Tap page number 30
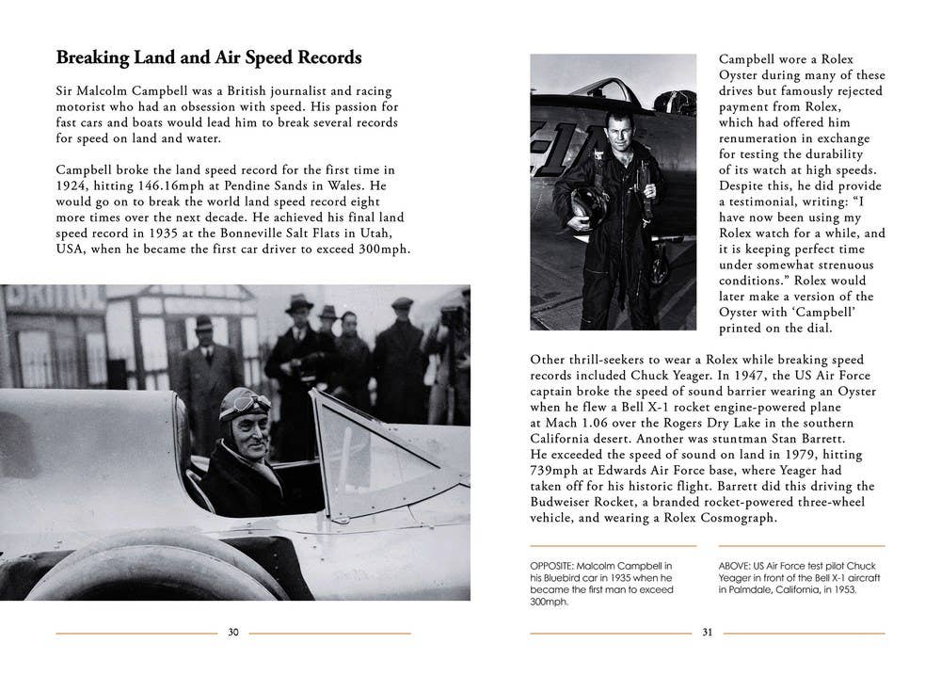pos(233,633)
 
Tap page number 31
pos(707,633)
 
